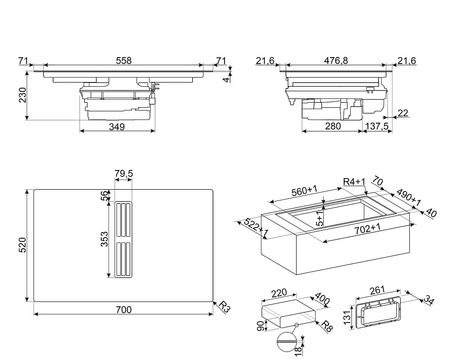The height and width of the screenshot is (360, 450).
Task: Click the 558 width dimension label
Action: tap(124, 60)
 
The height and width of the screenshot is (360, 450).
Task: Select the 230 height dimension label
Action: tap(22, 95)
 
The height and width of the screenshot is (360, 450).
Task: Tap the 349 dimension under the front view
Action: tap(117, 127)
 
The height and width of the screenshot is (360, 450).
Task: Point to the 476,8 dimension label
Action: tap(336, 60)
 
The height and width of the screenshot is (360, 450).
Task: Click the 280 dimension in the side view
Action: tap(333, 126)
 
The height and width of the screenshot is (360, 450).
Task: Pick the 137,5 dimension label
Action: tap(377, 126)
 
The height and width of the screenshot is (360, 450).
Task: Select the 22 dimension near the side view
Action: tap(403, 113)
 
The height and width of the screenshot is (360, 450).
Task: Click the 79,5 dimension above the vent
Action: tap(124, 173)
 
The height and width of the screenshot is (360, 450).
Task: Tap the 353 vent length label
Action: tap(104, 239)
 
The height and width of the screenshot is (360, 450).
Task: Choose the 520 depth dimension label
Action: tap(22, 245)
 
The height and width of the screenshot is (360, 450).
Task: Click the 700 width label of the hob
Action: tap(124, 310)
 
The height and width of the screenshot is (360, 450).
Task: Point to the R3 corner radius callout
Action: tap(225, 306)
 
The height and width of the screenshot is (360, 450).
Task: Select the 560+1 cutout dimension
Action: tap(305, 191)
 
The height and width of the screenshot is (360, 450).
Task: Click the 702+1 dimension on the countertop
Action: tap(367, 229)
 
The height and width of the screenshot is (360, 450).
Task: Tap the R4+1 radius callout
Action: tap(355, 182)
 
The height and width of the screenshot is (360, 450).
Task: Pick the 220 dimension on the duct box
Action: tap(279, 293)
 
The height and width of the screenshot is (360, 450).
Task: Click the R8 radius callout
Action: tap(327, 326)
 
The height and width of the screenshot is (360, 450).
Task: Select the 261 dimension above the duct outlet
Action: tap(377, 290)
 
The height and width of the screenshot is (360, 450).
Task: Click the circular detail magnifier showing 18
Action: tap(287, 341)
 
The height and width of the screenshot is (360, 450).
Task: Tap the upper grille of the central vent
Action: tap(123, 220)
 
